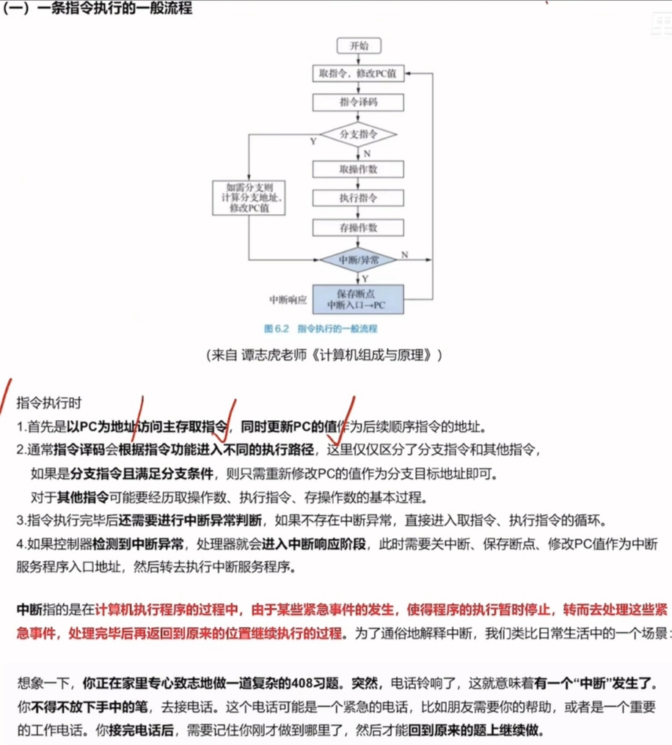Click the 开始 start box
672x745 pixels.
[x=358, y=45]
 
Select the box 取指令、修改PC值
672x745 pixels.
[x=358, y=73]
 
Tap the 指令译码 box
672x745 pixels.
[x=358, y=102]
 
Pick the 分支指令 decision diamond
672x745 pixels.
[x=358, y=135]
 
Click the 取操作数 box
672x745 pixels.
[x=358, y=169]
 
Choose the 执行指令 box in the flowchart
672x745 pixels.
[x=358, y=198]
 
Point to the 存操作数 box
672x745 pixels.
[x=358, y=227]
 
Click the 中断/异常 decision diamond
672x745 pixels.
[x=358, y=260]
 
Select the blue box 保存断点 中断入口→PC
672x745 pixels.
[x=358, y=299]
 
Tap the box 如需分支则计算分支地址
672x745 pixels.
[x=249, y=197]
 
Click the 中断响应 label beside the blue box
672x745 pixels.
[x=288, y=300]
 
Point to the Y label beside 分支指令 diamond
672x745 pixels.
[x=313, y=142]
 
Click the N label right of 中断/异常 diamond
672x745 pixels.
[x=404, y=254]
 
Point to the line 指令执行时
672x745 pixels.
[x=48, y=403]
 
